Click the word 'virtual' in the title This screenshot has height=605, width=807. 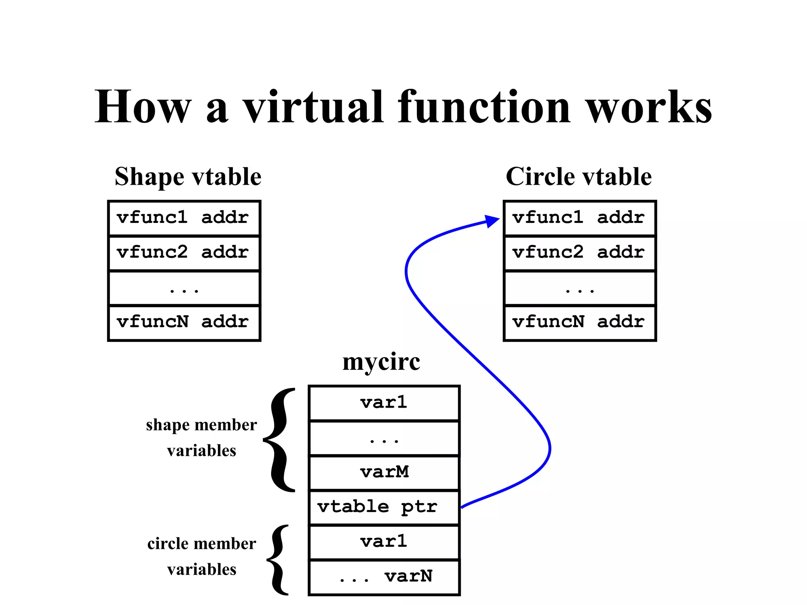(x=313, y=107)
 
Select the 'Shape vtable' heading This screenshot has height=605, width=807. (x=188, y=176)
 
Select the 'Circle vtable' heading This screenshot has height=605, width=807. (x=578, y=176)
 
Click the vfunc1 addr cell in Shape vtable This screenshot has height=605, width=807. (x=184, y=218)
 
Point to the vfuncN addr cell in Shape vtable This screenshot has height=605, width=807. (x=184, y=322)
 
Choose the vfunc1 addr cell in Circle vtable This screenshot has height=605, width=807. (x=579, y=218)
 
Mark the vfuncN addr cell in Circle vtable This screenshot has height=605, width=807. (x=579, y=322)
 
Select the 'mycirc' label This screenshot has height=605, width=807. (x=381, y=362)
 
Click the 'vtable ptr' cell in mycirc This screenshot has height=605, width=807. (x=384, y=507)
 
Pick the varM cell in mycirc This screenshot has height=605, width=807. (x=384, y=473)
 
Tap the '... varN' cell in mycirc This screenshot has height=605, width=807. (x=384, y=577)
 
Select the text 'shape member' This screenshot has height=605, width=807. (x=201, y=425)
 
